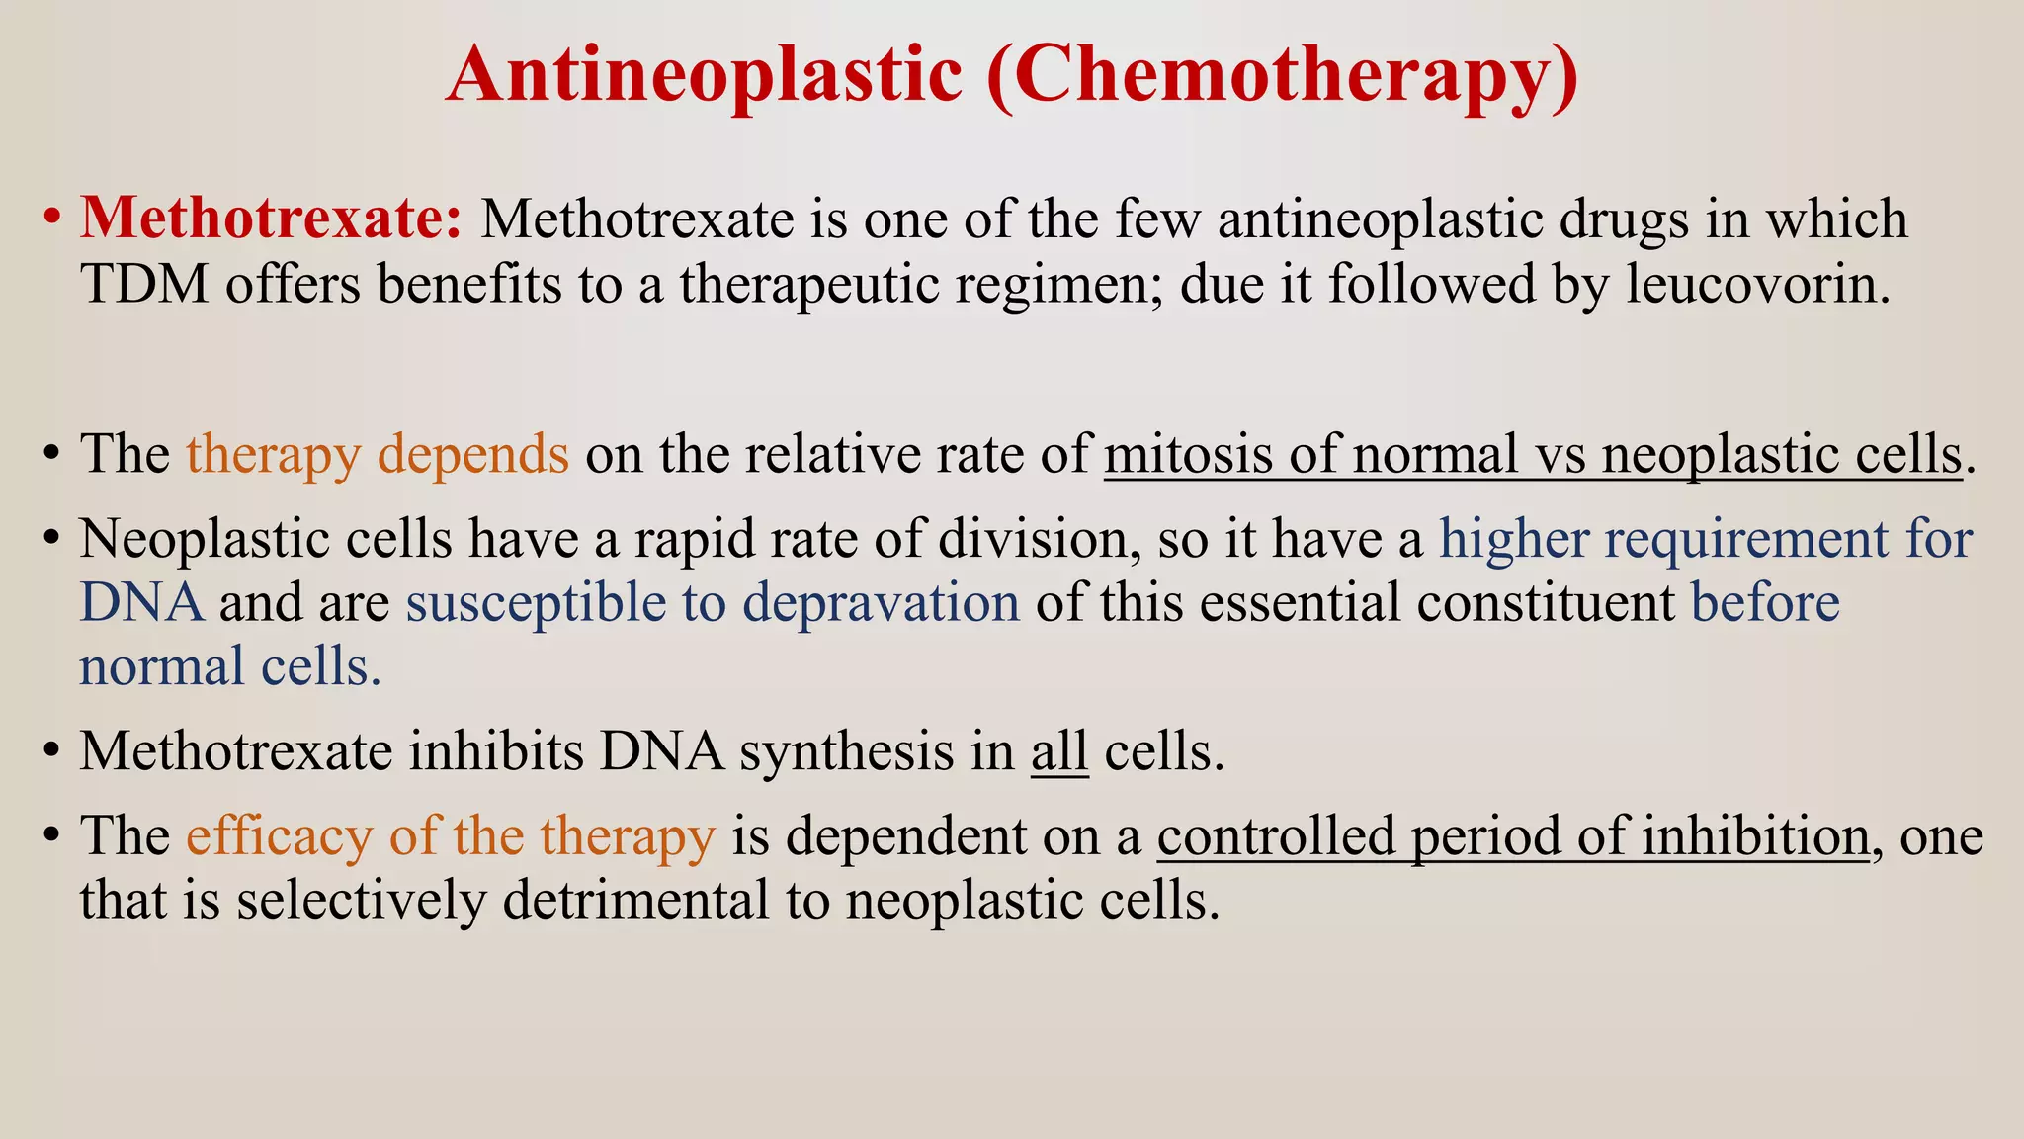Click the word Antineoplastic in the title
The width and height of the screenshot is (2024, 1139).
click(x=704, y=74)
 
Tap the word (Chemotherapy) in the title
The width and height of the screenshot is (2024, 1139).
click(x=1282, y=76)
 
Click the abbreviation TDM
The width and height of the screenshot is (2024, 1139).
click(x=144, y=284)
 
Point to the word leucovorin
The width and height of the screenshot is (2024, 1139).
click(x=1758, y=284)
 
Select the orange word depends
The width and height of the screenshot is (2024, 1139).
click(x=473, y=455)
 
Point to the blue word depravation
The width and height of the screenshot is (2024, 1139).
click(x=881, y=603)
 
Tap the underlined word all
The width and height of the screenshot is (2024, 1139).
click(x=1058, y=751)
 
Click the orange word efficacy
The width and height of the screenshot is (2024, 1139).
click(x=280, y=836)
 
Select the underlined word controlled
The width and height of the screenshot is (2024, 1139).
click(x=1275, y=835)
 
